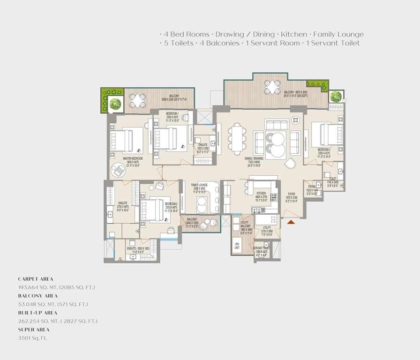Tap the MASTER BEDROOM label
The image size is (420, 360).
click(133, 159)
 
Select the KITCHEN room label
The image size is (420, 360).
click(261, 193)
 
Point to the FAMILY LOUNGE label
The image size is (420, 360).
click(199, 185)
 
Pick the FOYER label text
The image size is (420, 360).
click(292, 193)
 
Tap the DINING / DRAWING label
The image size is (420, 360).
click(255, 158)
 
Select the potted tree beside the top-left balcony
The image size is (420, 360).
click(115, 104)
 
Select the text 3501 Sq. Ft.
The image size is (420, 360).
click(32, 338)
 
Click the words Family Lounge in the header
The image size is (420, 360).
click(338, 34)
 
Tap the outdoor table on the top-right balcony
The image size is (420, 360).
click(272, 87)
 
